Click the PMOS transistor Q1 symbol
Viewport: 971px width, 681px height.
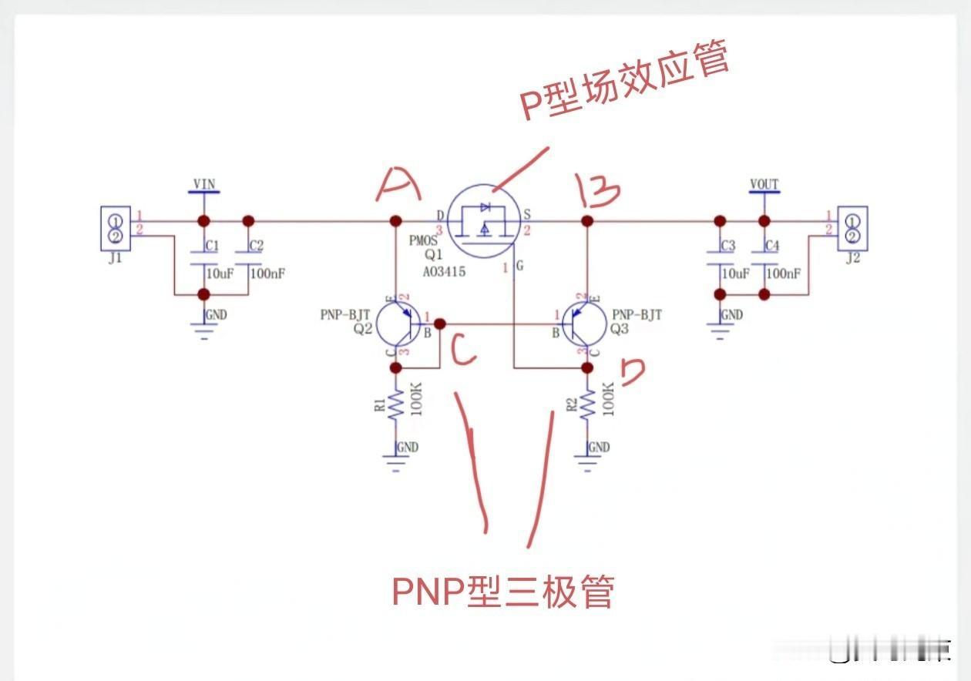point(484,223)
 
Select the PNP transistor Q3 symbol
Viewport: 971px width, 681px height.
point(583,324)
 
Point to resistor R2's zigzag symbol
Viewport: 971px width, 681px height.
point(587,404)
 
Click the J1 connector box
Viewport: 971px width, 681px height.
point(115,228)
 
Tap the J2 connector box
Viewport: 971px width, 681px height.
point(852,228)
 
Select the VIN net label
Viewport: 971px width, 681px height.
point(204,184)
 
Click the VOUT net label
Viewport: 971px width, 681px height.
point(764,184)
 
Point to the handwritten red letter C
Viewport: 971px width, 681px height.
point(464,353)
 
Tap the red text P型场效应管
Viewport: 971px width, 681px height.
point(624,82)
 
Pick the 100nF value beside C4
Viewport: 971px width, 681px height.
point(784,273)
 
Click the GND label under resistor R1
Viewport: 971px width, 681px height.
point(407,448)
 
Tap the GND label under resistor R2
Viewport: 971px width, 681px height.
point(598,448)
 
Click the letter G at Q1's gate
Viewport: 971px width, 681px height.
point(519,267)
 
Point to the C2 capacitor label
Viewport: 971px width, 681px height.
point(256,246)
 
